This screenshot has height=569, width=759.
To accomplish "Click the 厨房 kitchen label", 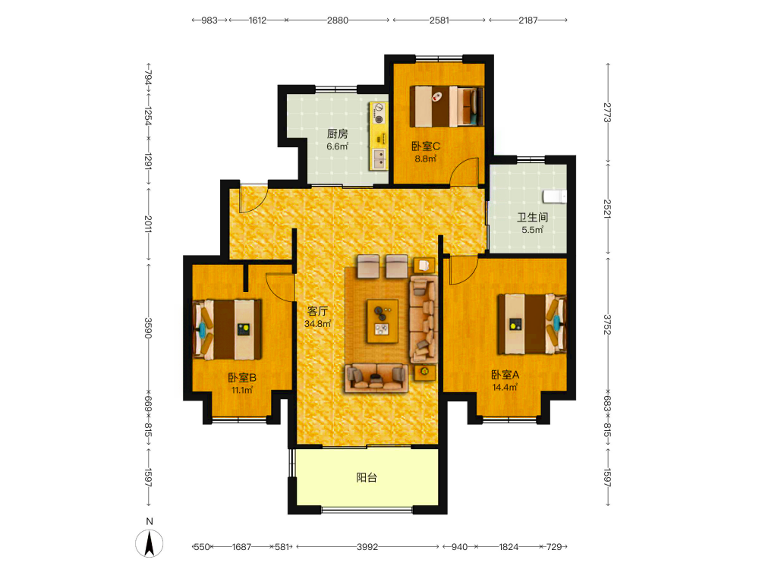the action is click(x=338, y=134).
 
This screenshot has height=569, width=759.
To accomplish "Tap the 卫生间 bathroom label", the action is click(x=533, y=217).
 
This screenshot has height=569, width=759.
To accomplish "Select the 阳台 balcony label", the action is click(x=367, y=477).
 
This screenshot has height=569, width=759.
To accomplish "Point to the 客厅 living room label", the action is click(x=317, y=311).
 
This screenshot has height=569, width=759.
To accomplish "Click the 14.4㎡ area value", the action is click(x=505, y=387).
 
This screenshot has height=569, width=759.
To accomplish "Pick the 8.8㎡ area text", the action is click(x=426, y=159).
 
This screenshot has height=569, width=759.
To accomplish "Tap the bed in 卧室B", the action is click(x=227, y=329).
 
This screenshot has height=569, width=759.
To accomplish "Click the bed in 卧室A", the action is click(x=532, y=324).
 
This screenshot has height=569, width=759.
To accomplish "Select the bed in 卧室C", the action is click(x=447, y=106).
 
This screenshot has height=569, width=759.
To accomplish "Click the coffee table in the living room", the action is click(x=383, y=321).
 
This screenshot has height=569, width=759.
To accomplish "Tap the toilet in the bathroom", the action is click(x=555, y=196).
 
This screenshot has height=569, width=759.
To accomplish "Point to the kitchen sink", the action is click(x=379, y=159).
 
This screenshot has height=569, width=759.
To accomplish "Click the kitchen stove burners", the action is click(x=379, y=113).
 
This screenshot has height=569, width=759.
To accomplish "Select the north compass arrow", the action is click(x=149, y=543).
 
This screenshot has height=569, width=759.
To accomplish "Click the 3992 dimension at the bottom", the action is click(x=367, y=547).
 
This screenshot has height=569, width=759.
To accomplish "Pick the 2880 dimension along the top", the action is click(x=338, y=20).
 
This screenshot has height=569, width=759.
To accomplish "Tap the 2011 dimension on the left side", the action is click(x=149, y=224).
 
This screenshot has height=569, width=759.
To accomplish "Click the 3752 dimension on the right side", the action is click(x=607, y=324).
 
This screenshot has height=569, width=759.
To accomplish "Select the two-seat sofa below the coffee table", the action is click(x=376, y=377).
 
